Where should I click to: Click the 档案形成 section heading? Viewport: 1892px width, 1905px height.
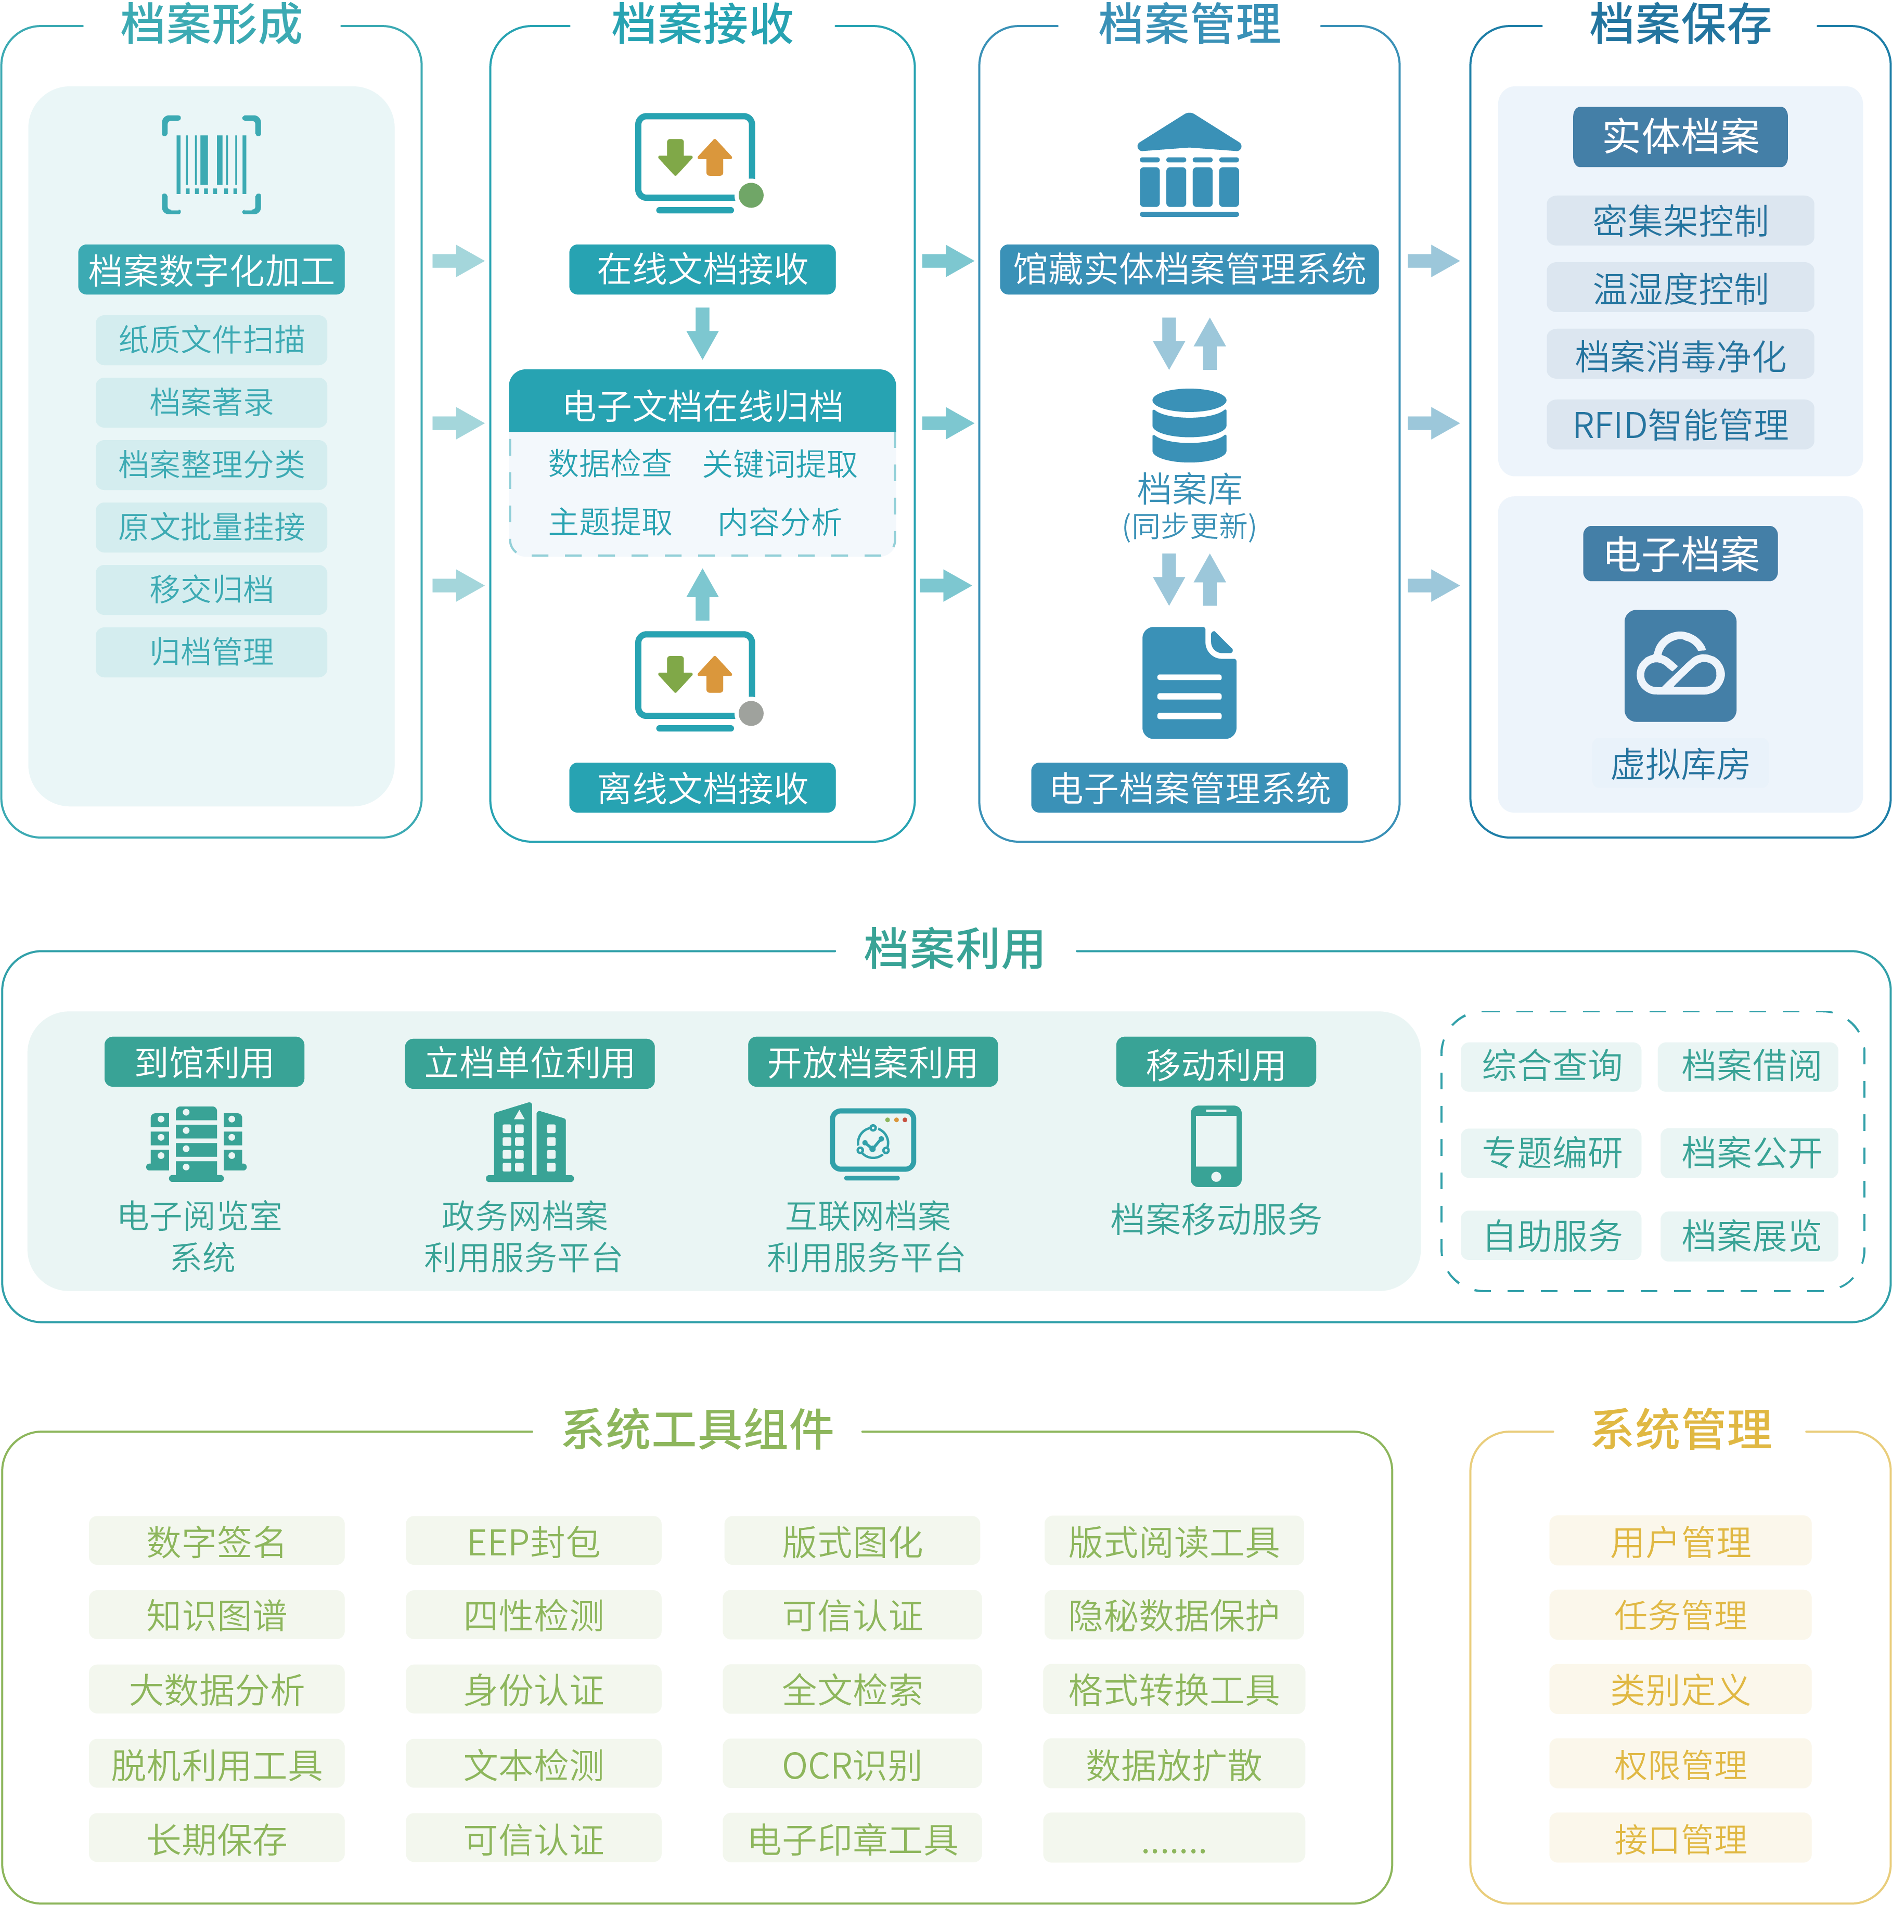pyautogui.click(x=211, y=24)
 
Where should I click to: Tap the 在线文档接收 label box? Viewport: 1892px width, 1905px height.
pyautogui.click(x=702, y=269)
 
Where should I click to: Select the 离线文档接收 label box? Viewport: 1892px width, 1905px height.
pyautogui.click(x=702, y=788)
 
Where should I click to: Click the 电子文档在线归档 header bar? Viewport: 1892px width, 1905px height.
pyautogui.click(x=702, y=404)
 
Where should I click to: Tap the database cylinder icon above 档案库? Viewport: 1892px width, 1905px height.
pyautogui.click(x=1189, y=425)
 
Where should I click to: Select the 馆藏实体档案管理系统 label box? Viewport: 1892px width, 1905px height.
pyautogui.click(x=1189, y=269)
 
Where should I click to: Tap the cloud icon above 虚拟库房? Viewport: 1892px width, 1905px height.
pyautogui.click(x=1680, y=665)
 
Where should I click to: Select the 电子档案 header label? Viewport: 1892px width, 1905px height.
pyautogui.click(x=1680, y=554)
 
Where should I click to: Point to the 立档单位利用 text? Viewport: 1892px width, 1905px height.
pyautogui.click(x=530, y=1063)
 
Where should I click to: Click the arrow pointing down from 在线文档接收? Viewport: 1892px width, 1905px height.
pyautogui.click(x=702, y=332)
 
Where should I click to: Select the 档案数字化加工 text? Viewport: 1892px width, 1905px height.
pyautogui.click(x=211, y=271)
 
